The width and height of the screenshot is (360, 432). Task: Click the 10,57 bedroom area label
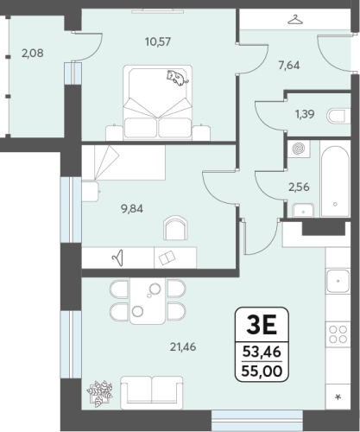click(x=158, y=42)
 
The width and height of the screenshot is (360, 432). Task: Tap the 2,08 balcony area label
click(x=33, y=54)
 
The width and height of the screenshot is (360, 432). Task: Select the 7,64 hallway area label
click(x=289, y=66)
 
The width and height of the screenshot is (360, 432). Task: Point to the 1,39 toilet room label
click(x=305, y=114)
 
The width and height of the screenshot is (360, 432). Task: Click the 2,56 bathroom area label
click(x=299, y=187)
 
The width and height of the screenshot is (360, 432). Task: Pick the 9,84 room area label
click(x=132, y=209)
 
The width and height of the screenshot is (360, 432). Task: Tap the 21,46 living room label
click(x=183, y=347)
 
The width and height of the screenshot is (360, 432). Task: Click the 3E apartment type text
click(x=262, y=325)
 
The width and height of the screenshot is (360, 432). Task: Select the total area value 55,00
click(x=262, y=371)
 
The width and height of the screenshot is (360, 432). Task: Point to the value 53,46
click(x=262, y=352)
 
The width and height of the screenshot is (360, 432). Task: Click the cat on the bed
click(x=177, y=78)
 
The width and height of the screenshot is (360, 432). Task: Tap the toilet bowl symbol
click(x=336, y=117)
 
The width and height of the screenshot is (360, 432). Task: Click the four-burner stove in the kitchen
click(x=338, y=334)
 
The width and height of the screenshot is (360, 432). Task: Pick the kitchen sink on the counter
click(x=338, y=281)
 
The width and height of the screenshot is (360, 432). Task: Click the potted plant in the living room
click(x=99, y=394)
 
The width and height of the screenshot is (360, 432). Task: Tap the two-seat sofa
click(x=152, y=392)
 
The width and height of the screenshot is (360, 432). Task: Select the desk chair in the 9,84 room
click(x=175, y=228)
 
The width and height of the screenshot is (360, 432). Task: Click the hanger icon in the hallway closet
click(x=295, y=20)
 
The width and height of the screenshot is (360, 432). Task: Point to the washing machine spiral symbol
click(x=299, y=149)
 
